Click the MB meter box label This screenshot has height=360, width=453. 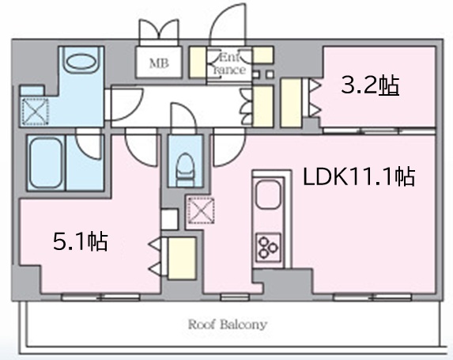[159, 63]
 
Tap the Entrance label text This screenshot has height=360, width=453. [229, 64]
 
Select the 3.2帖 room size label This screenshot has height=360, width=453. [370, 85]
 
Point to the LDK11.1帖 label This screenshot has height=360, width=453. [359, 176]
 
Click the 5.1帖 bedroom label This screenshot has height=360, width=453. [81, 241]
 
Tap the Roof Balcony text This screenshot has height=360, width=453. [228, 324]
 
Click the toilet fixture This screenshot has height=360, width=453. [185, 170]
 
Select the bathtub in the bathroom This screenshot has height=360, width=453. [46, 163]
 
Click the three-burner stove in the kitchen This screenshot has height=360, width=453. [268, 247]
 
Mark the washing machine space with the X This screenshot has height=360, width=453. [35, 112]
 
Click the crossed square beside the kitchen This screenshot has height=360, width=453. [201, 210]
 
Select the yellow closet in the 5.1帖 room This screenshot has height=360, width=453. [182, 258]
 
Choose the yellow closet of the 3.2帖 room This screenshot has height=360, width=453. [291, 102]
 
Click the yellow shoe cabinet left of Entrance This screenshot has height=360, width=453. [198, 63]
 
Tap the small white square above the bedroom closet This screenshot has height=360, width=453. [169, 219]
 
